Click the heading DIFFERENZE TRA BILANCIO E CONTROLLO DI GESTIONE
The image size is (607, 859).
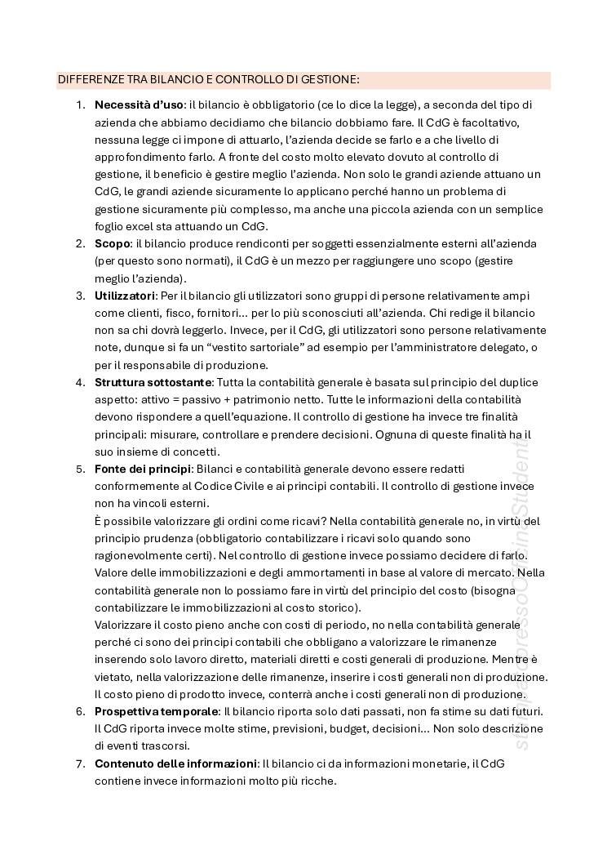(x=208, y=80)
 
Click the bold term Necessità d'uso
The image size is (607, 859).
(x=139, y=105)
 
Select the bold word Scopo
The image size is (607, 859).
(x=113, y=244)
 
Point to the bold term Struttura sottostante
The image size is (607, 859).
(x=153, y=382)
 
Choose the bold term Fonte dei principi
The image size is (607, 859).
(x=143, y=469)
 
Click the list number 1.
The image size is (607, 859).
(x=80, y=105)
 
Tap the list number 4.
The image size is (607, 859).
(x=80, y=382)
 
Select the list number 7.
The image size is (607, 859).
(x=80, y=763)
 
